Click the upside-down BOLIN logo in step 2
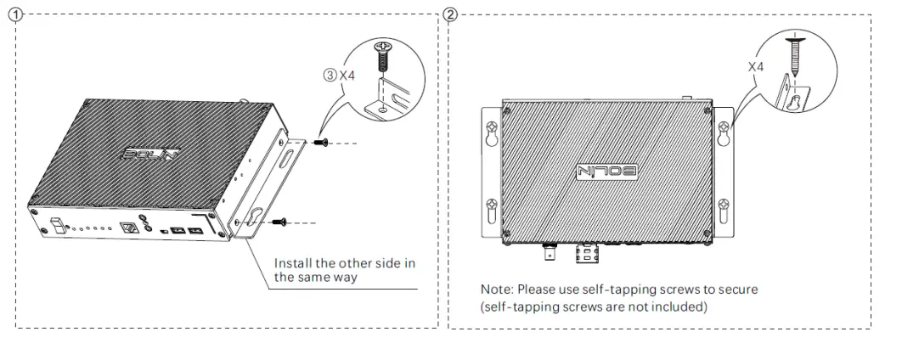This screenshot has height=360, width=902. (605, 170)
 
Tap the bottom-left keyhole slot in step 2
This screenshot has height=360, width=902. (492, 206)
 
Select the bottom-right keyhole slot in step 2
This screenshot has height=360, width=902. (723, 206)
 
